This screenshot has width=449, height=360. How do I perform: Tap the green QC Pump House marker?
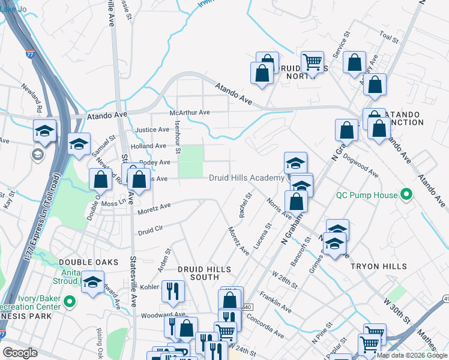[x=405, y=195]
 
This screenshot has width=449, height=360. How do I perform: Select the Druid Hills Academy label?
[x=246, y=178]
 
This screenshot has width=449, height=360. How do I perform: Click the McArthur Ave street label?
[x=190, y=112]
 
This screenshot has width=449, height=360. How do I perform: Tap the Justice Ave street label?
[x=152, y=130]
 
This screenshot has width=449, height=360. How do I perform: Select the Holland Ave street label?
[x=148, y=146]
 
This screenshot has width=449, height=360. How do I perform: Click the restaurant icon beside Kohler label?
[x=173, y=290]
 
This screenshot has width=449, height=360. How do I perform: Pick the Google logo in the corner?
[x=20, y=353]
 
